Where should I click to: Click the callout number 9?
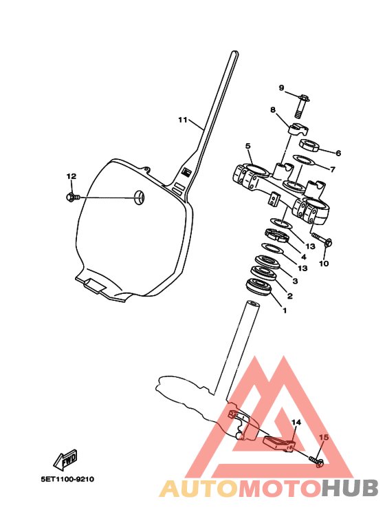point(281,88)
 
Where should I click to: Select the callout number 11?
point(183,120)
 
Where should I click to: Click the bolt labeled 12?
point(73,197)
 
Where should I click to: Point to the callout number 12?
point(71,176)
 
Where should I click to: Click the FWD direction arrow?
point(65,460)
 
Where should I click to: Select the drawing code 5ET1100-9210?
point(67,480)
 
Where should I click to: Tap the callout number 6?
point(338,153)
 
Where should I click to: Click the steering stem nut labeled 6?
point(309,145)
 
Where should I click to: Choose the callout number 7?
point(333,169)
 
